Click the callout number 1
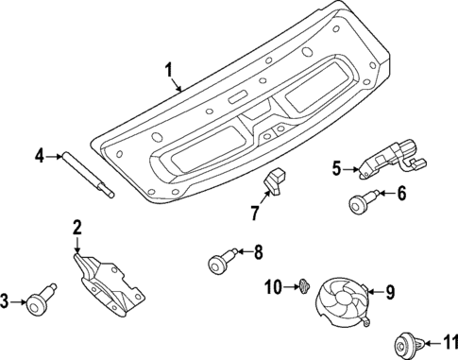[x=168, y=70]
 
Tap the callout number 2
[x=77, y=227]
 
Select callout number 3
[x=5, y=301]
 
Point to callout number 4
[x=40, y=155]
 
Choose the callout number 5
[x=336, y=169]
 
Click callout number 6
[x=400, y=195]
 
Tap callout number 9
[x=391, y=292]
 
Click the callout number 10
[x=273, y=286]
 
